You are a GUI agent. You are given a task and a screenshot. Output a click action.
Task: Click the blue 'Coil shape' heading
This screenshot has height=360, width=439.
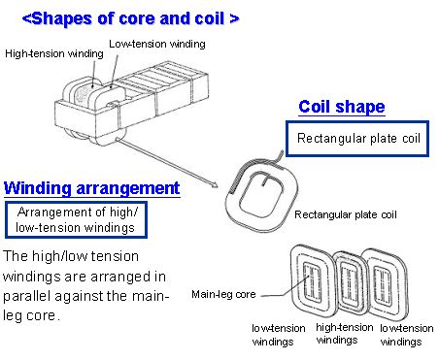(x=341, y=107)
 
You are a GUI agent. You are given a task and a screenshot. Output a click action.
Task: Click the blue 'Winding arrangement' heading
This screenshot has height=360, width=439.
(x=91, y=187)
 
